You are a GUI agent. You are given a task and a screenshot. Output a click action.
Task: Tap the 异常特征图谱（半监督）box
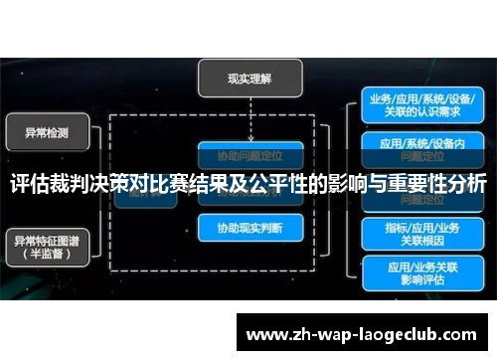pyautogui.click(x=47, y=245)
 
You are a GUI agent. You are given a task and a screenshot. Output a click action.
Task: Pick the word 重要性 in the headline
pyautogui.click(x=420, y=186)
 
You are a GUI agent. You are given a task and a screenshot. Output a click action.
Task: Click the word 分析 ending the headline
pyautogui.click(x=467, y=186)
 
